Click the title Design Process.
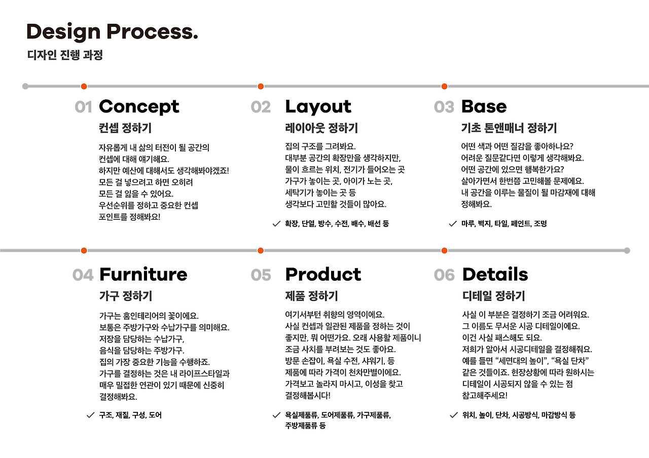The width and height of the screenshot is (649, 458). tap(113, 32)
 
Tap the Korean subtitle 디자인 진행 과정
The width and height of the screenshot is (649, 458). tap(65, 55)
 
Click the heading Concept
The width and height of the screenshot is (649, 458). tap(139, 107)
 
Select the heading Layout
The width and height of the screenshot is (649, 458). tap(318, 107)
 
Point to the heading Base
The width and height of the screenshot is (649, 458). tap(484, 106)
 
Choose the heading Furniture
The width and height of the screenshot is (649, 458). tap(143, 275)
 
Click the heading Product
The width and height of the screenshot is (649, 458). tap(323, 275)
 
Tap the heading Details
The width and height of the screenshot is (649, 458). tap(495, 275)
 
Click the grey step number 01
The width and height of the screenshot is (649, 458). tap(84, 107)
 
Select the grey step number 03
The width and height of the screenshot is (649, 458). tap(444, 107)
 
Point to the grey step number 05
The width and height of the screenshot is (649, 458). tap(261, 275)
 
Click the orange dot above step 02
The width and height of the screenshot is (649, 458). tap(261, 86)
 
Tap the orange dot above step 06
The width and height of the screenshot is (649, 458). tap(445, 251)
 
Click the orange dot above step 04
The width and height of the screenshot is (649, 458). tap(84, 251)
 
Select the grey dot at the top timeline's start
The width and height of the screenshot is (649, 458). tap(25, 86)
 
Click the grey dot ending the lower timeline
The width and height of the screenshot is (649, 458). tap(627, 251)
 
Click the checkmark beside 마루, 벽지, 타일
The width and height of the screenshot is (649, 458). tap(453, 224)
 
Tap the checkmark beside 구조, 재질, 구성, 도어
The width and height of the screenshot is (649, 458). tap(91, 415)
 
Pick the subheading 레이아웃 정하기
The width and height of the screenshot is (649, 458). tap(321, 128)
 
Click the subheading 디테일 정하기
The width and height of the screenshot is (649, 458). tap(494, 296)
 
